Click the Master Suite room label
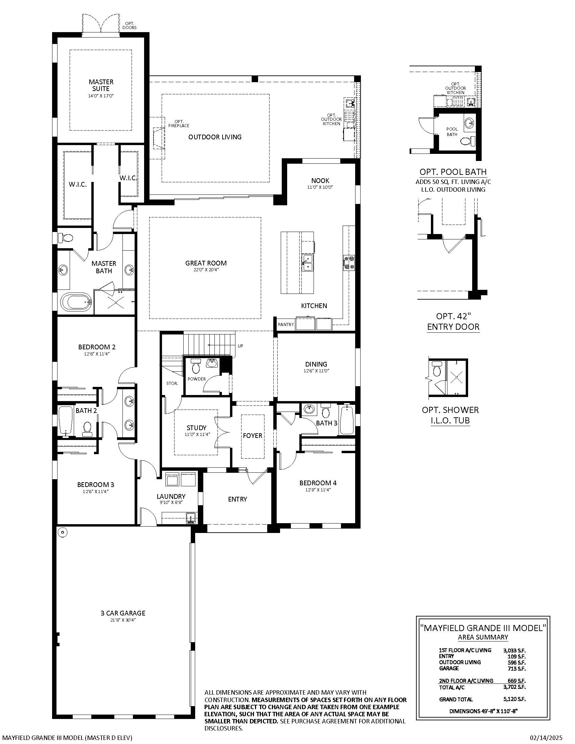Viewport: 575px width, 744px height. tap(101, 85)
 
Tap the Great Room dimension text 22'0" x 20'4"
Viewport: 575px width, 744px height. tap(206, 270)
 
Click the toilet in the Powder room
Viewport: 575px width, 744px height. tap(196, 366)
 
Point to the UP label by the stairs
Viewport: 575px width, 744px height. tap(240, 346)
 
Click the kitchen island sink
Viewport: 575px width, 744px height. tap(307, 263)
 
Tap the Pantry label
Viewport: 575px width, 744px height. tap(286, 324)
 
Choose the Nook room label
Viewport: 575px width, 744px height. tap(320, 181)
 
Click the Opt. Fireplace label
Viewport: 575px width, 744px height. tap(179, 123)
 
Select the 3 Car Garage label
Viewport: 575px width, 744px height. tap(123, 613)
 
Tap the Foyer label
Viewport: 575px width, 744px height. tap(252, 435)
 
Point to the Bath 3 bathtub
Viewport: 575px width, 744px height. tap(347, 419)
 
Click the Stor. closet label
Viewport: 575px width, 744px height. tap(172, 383)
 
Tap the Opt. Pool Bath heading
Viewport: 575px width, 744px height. tap(453, 172)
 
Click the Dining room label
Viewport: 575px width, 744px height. tap(316, 364)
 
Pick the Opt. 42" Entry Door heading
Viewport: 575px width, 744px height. tap(453, 321)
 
